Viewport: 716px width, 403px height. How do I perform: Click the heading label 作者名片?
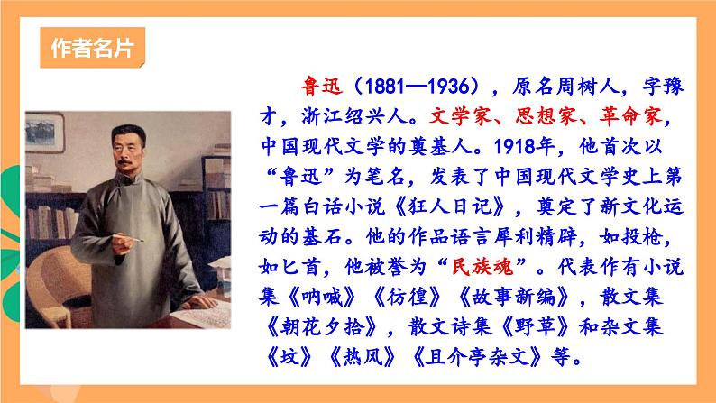click(93, 48)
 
